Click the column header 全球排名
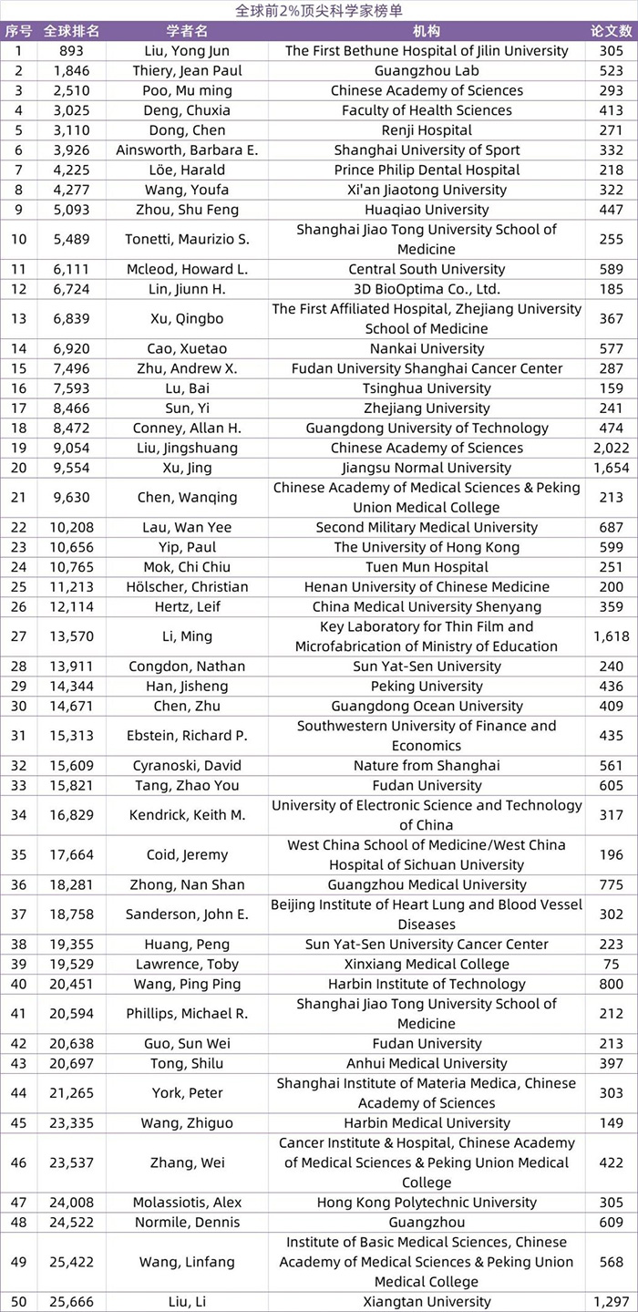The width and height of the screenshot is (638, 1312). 72,30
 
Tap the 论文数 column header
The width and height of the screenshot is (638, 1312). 611,30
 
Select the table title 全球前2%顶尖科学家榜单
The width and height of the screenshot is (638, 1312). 318,10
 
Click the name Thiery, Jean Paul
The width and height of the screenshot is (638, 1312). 187,70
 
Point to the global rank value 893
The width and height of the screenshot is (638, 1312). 72,50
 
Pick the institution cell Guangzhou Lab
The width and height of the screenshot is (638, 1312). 427,70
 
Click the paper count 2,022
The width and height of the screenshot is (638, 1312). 611,448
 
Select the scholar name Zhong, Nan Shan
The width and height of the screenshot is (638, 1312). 187,884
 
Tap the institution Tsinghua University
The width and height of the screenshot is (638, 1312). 427,388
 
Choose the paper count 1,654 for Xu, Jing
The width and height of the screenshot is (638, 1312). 611,468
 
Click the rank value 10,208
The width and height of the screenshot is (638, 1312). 72,527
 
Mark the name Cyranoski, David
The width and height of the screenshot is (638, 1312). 187,766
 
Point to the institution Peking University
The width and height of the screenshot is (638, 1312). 427,686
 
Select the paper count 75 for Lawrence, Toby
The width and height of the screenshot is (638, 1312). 611,964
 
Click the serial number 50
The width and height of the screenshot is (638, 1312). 18,1301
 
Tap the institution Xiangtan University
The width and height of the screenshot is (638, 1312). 427,1301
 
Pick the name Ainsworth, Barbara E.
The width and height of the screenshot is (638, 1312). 187,150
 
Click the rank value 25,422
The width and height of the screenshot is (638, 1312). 72,1262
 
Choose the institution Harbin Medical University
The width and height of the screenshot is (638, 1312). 427,1122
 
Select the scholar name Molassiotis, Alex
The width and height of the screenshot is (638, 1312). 187,1203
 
